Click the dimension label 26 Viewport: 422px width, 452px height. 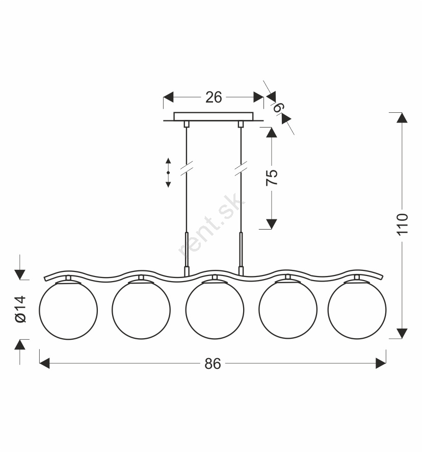click(x=214, y=97)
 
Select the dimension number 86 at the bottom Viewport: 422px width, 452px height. click(x=213, y=364)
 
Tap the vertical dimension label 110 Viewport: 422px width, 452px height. click(x=403, y=224)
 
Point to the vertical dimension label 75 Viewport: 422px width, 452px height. click(x=272, y=178)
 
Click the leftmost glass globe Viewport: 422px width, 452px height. click(x=68, y=311)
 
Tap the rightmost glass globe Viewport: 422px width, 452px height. click(x=357, y=310)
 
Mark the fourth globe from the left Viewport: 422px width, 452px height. click(x=288, y=309)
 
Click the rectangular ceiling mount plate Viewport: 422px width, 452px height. click(x=214, y=116)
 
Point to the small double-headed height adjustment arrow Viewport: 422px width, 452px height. click(x=168, y=172)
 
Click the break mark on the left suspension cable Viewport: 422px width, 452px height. click(x=187, y=168)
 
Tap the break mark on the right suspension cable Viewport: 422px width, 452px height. click(x=241, y=168)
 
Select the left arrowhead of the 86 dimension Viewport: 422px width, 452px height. click(x=44, y=363)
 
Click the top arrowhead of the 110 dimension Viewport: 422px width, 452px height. click(x=402, y=118)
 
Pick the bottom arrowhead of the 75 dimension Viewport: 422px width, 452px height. click(x=271, y=224)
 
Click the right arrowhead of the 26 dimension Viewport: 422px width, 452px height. click(x=258, y=97)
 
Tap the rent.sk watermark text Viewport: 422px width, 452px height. click(x=212, y=224)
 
